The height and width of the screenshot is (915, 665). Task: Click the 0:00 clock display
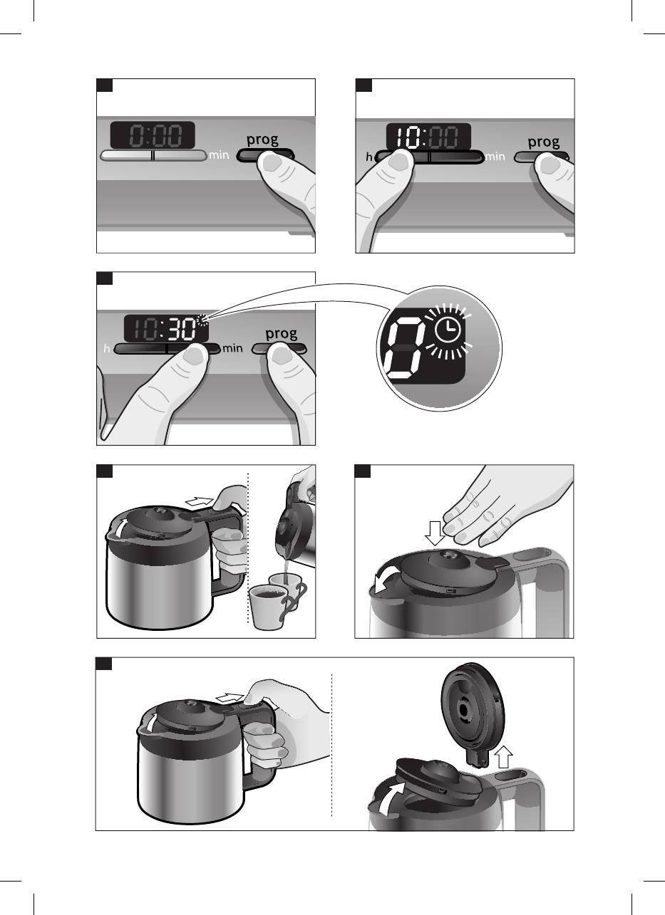coord(153,135)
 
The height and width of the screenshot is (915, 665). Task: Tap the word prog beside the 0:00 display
coord(262,140)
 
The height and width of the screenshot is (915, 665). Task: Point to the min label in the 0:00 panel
coord(219,155)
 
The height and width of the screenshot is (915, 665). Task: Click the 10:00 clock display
coord(428,137)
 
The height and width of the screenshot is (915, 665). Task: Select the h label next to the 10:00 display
coord(369,157)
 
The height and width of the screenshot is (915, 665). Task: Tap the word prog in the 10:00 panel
coord(544,142)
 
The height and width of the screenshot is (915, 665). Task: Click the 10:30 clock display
coord(166,328)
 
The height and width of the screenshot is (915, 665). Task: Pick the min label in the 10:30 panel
coord(232,348)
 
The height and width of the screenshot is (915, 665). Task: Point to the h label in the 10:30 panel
coord(107,349)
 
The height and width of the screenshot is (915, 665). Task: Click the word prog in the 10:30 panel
coord(281,334)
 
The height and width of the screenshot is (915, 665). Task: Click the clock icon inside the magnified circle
coord(448,330)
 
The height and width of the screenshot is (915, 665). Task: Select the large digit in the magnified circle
coord(403,350)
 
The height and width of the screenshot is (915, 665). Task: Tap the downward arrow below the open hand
coord(435,533)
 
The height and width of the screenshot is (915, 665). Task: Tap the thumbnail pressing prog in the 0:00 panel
coord(272,163)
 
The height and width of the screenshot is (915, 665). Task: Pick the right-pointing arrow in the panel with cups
coord(199,501)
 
